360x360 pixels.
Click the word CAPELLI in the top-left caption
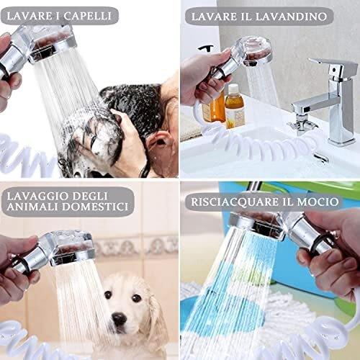(x=87, y=16)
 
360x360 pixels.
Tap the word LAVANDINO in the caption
(x=291, y=17)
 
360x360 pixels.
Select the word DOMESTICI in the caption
(x=95, y=207)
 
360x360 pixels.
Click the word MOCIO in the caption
(x=318, y=202)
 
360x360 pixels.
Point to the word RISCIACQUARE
(x=235, y=202)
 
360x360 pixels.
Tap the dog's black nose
(x=120, y=319)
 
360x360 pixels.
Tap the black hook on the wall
(x=207, y=48)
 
